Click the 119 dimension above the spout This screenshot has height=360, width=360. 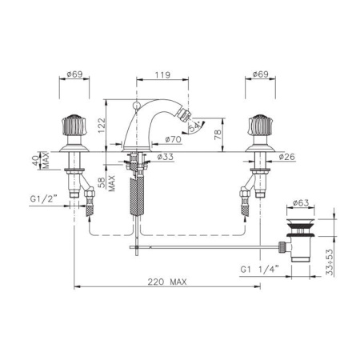[x=162, y=74]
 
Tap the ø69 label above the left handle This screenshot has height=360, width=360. [x=74, y=74]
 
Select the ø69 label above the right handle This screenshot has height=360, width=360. [x=260, y=74]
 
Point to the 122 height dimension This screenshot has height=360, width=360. [x=102, y=126]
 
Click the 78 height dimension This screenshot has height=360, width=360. [x=218, y=135]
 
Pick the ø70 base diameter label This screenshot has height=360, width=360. [x=173, y=139]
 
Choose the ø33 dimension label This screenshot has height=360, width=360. [x=165, y=157]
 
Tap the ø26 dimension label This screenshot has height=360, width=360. [x=287, y=157]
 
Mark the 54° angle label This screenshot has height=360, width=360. [x=194, y=126]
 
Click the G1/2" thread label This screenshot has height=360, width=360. [x=44, y=198]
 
